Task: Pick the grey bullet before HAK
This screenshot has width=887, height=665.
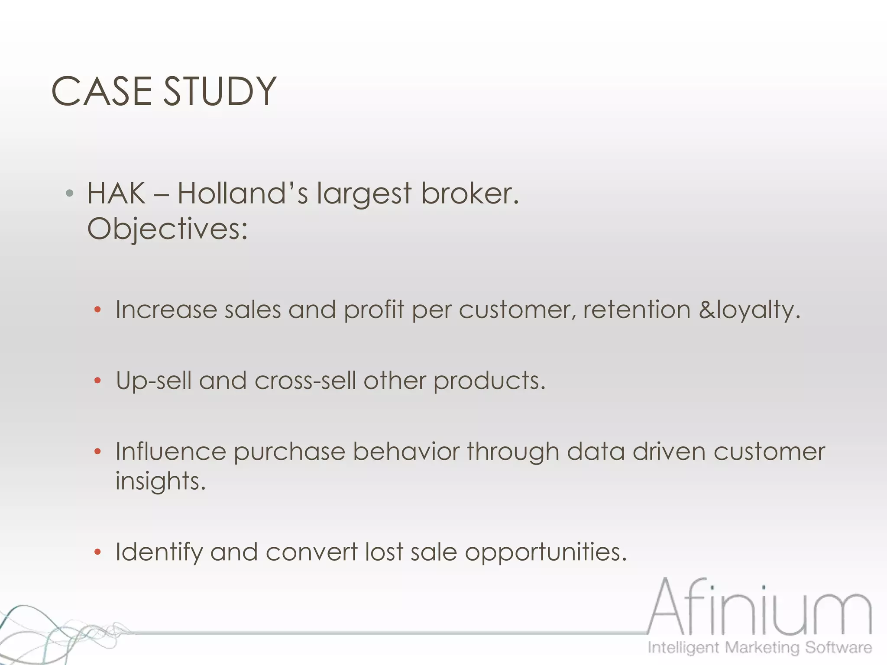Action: [69, 193]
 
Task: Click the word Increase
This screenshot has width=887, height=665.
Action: [166, 310]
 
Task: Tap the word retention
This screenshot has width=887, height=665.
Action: [636, 310]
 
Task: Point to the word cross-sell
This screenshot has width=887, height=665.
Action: [305, 381]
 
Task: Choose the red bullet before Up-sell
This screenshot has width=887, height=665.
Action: [97, 381]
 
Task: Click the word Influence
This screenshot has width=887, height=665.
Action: [170, 452]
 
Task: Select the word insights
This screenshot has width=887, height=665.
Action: [160, 481]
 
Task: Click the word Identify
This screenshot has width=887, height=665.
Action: [159, 553]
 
